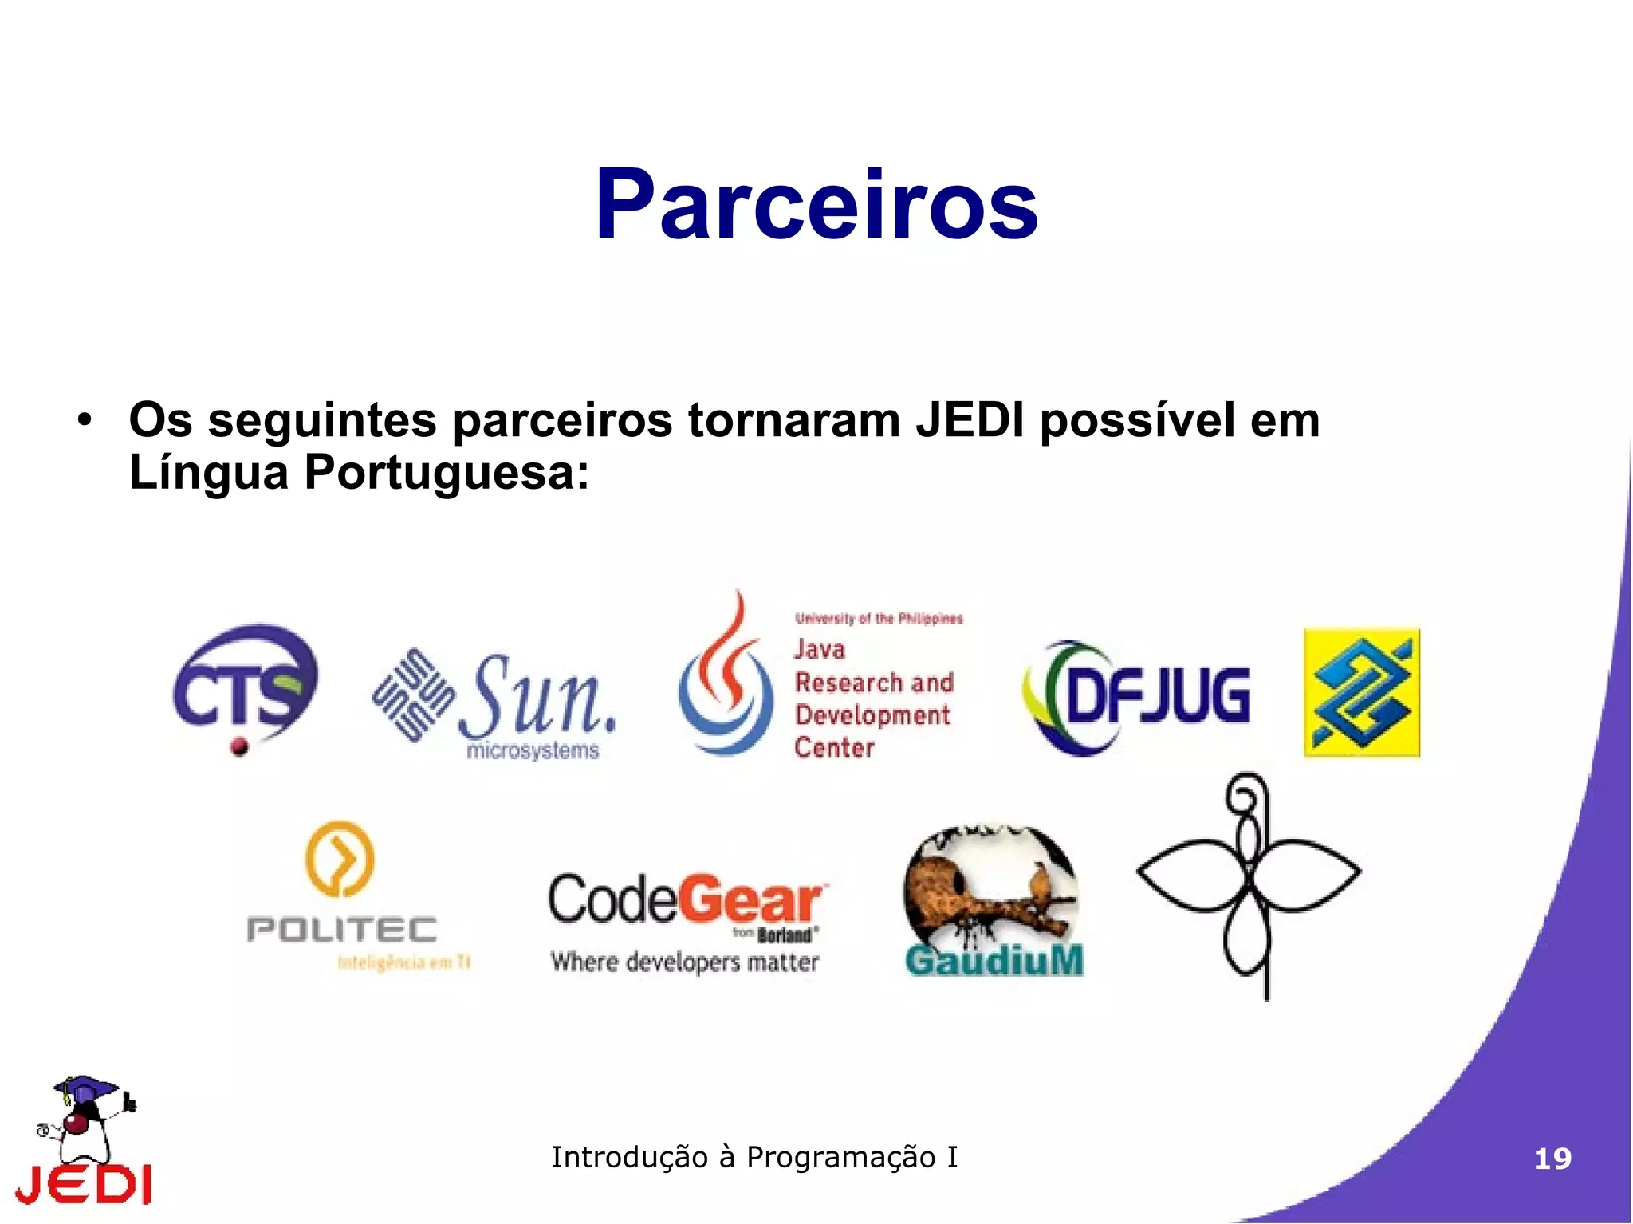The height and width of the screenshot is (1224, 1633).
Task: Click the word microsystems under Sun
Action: point(533,750)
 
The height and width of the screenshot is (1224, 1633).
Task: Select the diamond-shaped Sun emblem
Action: point(412,695)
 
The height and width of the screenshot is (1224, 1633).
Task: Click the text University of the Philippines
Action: point(879,619)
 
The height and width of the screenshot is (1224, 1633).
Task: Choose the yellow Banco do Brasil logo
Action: point(1362,692)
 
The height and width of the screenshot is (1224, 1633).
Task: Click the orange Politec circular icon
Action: point(340,859)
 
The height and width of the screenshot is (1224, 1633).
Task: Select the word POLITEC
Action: point(342,929)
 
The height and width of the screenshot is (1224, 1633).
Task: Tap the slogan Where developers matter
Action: point(685,962)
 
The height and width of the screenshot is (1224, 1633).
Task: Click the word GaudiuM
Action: point(994,959)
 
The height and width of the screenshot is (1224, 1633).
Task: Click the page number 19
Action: point(1552,1159)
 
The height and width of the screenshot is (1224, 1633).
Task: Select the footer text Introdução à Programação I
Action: point(754,1157)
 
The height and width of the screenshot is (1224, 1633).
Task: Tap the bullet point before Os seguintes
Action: point(85,420)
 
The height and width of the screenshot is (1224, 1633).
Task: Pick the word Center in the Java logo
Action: point(834,748)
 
